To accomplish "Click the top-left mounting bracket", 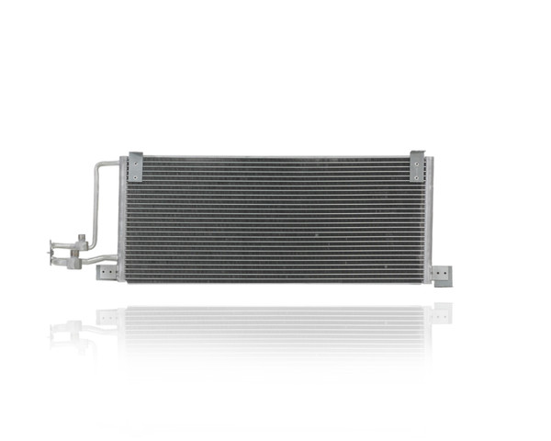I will [x=136, y=166].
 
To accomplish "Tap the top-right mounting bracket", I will [x=417, y=165].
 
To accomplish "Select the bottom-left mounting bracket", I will [x=108, y=272].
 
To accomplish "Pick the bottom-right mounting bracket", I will [x=442, y=275].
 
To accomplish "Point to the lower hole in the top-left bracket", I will [x=136, y=173].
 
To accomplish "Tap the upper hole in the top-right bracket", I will [x=417, y=161].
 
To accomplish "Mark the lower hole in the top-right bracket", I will [x=417, y=173].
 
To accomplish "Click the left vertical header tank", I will [x=123, y=220].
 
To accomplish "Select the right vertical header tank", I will [x=428, y=220].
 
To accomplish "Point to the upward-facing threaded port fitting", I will [x=80, y=240].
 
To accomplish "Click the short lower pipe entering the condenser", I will [x=103, y=260].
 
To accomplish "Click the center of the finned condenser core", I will [x=275, y=219].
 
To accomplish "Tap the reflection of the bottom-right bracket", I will [x=442, y=312].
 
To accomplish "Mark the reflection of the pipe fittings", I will [x=69, y=328].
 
